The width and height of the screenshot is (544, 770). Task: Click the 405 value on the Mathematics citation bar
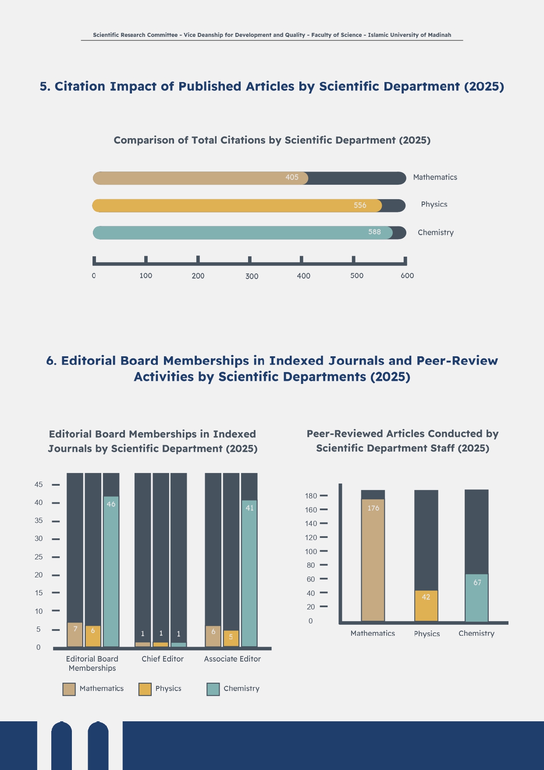292,177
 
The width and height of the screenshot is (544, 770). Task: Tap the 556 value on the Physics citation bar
360,205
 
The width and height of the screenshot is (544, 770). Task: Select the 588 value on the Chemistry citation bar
374,232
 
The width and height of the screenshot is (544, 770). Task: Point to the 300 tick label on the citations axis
252,276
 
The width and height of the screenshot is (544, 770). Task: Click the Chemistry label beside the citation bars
435,233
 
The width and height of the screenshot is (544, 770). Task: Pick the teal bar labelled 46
111,570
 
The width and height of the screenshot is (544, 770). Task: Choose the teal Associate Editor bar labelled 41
249,573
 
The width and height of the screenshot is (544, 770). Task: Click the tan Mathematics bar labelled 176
373,560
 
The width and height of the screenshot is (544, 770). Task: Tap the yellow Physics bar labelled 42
426,606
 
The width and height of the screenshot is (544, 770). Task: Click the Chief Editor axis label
163,659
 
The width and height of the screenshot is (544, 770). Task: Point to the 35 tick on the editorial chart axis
39,521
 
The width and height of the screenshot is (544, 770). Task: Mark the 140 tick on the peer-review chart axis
311,523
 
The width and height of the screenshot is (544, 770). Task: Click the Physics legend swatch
145,689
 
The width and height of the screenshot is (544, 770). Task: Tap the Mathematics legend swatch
69,689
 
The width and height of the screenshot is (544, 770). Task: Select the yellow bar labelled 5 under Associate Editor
231,638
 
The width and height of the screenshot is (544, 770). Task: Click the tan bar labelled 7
75,634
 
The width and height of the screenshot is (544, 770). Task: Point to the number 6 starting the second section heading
51,361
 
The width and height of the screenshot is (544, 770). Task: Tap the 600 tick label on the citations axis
407,276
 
